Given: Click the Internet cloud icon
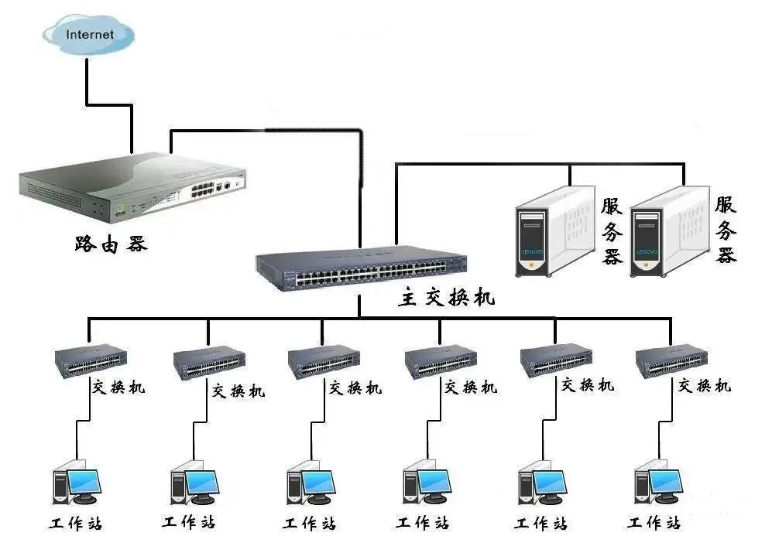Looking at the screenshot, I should (x=89, y=35).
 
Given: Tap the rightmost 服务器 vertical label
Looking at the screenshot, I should (x=726, y=230).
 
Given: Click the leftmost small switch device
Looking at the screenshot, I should (x=91, y=360).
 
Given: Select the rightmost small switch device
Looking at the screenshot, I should (x=671, y=361).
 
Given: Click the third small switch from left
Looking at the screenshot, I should (x=324, y=361).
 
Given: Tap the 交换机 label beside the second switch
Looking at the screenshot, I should (x=237, y=390).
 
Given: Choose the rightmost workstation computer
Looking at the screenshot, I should (x=657, y=484).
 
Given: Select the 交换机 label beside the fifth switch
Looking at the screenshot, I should (x=587, y=384).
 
